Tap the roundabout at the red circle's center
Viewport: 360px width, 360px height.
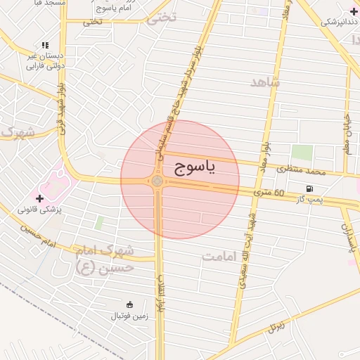pos(157,181)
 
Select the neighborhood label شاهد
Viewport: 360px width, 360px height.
pos(265,82)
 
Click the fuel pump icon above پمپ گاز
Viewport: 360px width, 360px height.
pos(310,188)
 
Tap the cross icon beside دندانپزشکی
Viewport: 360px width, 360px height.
pos(352,11)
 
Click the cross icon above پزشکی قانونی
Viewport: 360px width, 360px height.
pos(39,198)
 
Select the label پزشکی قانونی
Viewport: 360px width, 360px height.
pos(39,210)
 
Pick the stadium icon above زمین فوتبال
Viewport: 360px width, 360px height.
pos(129,304)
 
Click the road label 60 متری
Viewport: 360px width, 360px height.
pos(269,193)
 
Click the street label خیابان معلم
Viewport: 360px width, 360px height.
pos(347,134)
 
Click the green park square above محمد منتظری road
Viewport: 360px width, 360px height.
pos(302,153)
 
